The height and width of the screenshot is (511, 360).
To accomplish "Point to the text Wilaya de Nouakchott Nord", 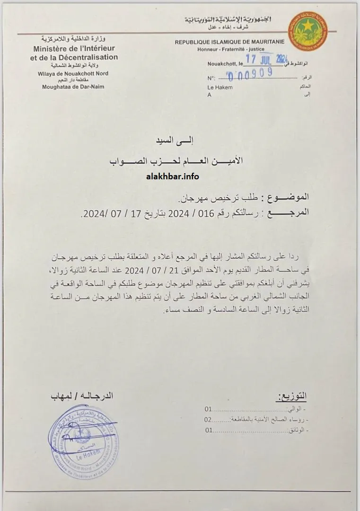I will coord(74,73).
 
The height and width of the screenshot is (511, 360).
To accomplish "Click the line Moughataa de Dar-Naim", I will coord(73,87).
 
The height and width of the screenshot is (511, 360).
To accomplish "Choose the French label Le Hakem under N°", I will coord(217,88).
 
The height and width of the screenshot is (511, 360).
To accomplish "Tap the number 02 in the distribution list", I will coord(208,419).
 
